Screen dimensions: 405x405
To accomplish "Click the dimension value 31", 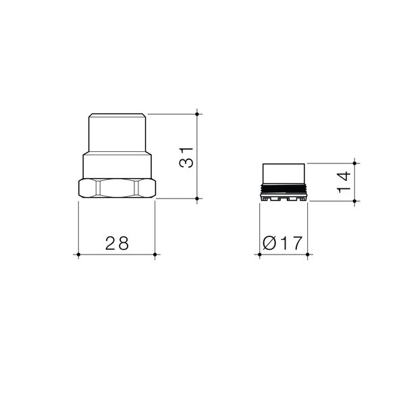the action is coord(186,158).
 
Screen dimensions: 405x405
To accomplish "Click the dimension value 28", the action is coord(117,243).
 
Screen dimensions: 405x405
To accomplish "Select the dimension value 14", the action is coord(344,182).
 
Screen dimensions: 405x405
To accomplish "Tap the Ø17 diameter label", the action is coord(282,243).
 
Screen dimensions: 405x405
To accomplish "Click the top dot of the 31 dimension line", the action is coord(197,114).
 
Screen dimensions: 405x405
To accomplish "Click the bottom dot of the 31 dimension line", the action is coord(197,198).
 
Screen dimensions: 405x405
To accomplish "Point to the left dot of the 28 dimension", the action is coord(78,254).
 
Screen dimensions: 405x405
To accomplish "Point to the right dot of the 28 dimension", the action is coord(155,254).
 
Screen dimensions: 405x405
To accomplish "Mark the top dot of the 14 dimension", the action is coord(354,163).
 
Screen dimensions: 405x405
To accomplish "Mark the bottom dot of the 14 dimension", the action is coord(354,201).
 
